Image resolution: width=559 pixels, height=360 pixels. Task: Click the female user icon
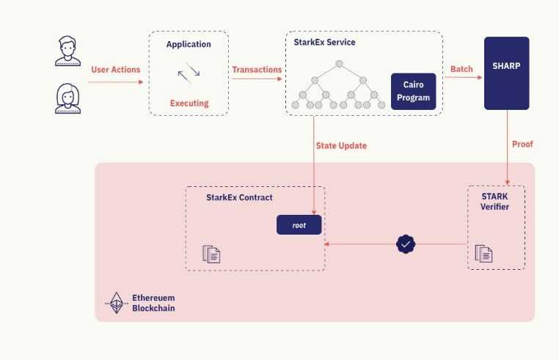68,98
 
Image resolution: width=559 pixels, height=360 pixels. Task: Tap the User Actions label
115,70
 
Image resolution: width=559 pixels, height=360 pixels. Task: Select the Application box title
189,45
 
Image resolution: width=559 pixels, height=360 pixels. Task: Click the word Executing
189,103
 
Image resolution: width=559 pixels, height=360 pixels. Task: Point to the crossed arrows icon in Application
189,73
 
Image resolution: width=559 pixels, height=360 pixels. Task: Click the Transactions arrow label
257,70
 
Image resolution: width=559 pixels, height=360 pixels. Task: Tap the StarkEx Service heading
324,43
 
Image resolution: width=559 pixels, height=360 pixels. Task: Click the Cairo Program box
413,92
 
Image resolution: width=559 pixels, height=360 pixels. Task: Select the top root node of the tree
340,64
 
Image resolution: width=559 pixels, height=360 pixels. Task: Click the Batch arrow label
461,70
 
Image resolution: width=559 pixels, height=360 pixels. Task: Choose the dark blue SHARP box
506,73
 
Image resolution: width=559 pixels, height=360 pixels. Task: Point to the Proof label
522,144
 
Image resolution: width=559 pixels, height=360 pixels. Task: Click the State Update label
341,146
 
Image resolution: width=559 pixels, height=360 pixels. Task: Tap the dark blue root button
299,225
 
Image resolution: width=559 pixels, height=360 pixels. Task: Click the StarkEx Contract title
239,198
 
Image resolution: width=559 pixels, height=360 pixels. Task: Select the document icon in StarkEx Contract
212,254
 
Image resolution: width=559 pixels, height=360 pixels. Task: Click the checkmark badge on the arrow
406,244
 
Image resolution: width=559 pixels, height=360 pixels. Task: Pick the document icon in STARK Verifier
484,254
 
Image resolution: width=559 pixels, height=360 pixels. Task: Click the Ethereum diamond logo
115,303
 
